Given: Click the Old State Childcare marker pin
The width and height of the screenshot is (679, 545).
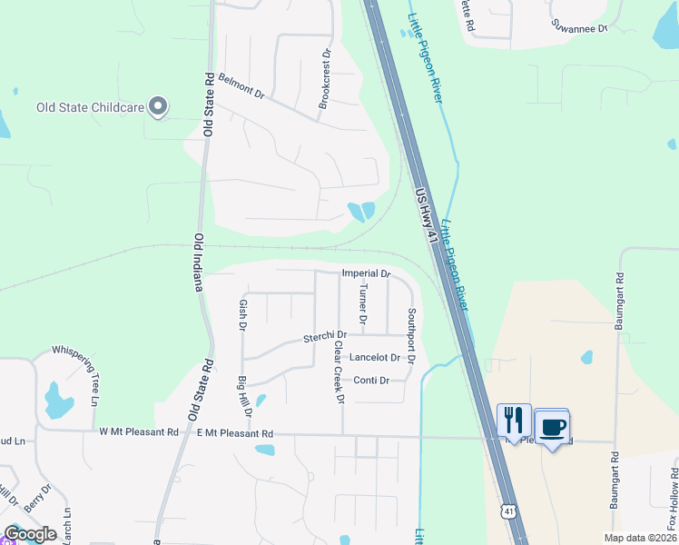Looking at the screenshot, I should [158, 107].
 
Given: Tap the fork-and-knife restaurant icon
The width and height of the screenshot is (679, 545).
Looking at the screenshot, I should [514, 421].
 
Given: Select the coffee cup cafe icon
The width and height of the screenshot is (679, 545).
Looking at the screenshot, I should [552, 426].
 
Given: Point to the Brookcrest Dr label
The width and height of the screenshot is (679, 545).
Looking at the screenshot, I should [324, 80].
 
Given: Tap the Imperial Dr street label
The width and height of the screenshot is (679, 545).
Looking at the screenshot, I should [366, 273].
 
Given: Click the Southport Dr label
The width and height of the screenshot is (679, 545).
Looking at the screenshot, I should [411, 336].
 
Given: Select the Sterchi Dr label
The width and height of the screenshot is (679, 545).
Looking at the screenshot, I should [325, 339].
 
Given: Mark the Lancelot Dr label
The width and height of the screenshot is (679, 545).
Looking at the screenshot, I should [375, 358].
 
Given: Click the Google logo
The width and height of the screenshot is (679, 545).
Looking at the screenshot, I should [30, 534].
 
